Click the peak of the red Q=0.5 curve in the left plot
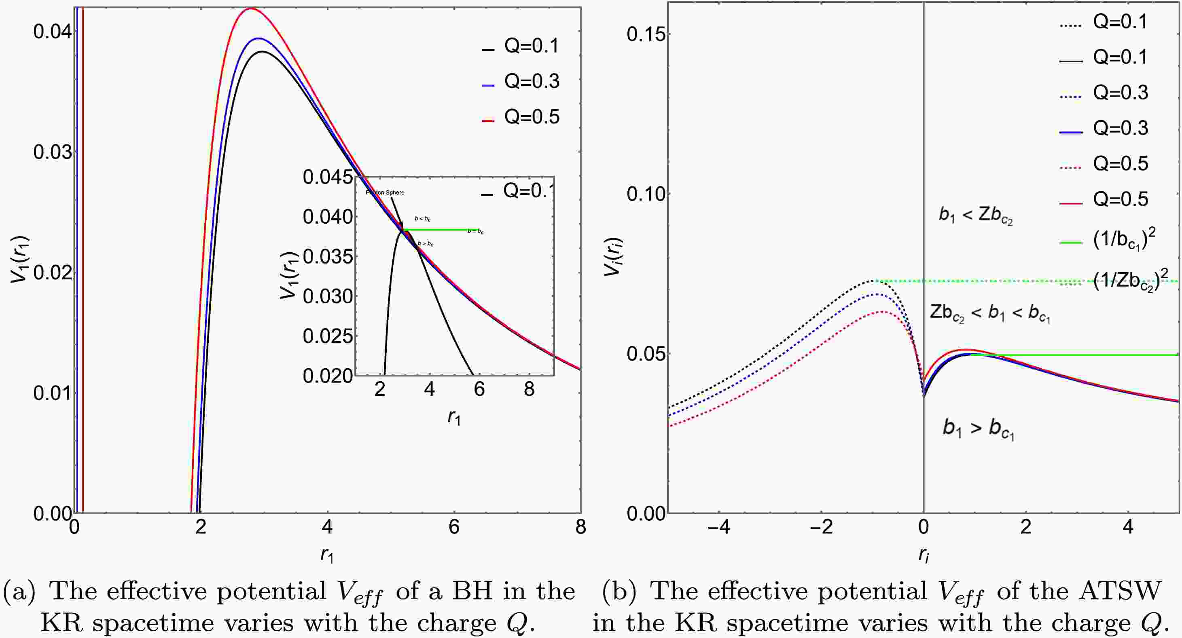[x=250, y=8]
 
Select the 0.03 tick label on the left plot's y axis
[x=53, y=152]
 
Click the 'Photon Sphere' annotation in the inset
[x=385, y=192]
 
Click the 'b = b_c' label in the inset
[x=475, y=231]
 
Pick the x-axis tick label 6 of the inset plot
[x=479, y=389]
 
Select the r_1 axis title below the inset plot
[x=454, y=417]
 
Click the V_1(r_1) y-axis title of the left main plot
[x=19, y=259]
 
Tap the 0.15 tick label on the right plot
[x=646, y=34]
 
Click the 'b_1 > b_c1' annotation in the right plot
[x=978, y=429]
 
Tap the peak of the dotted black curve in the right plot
[x=875, y=280]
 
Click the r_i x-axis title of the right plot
[x=924, y=556]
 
